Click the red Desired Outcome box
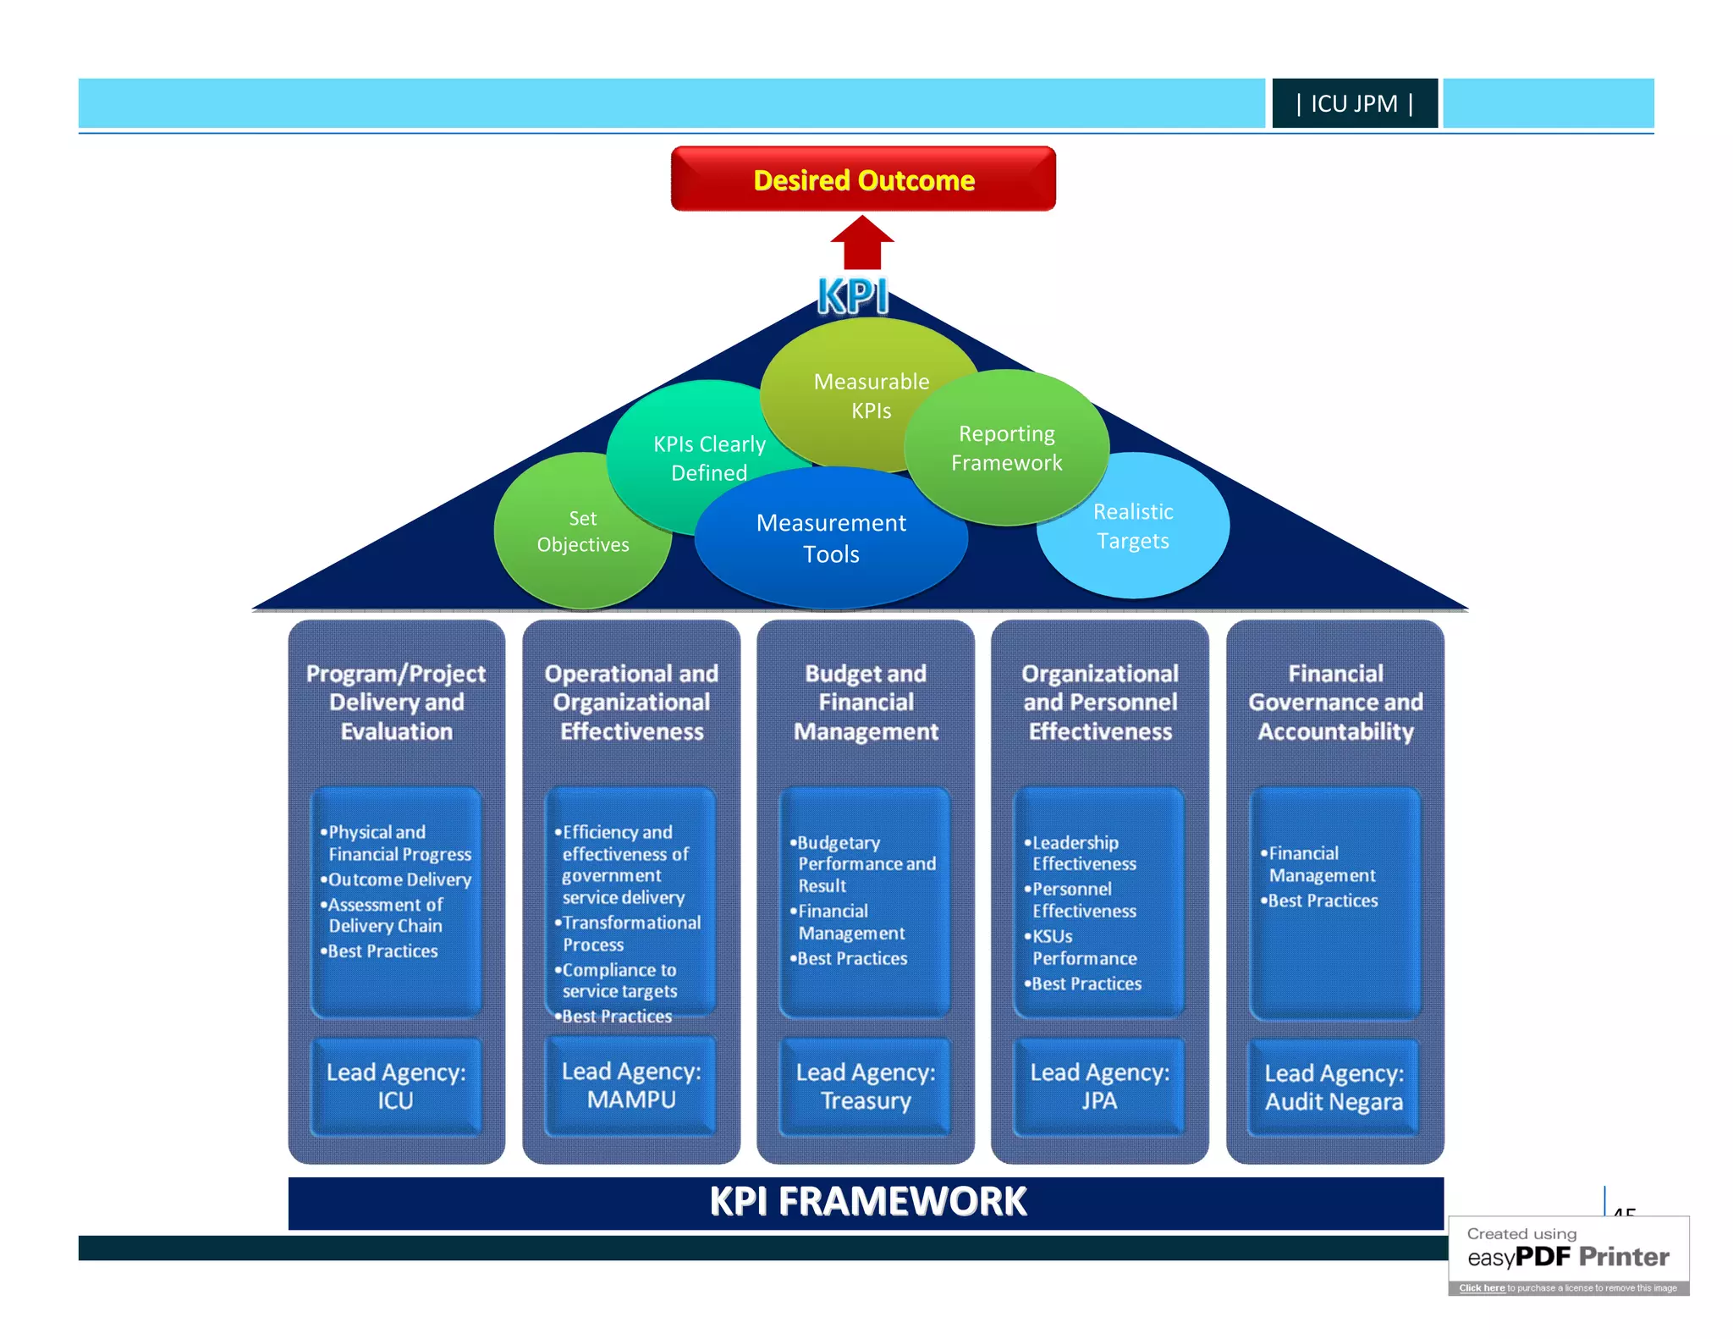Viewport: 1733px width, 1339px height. pos(863,179)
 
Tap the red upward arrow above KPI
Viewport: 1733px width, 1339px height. pos(862,244)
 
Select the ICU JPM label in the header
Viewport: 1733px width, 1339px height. pos(1354,103)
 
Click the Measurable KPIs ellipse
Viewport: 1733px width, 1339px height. pos(871,395)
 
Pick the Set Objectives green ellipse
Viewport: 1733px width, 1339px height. pos(582,532)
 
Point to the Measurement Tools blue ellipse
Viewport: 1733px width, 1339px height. pos(831,538)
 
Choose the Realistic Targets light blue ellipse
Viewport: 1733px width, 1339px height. pos(1134,526)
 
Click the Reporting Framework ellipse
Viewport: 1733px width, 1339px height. pos(1006,448)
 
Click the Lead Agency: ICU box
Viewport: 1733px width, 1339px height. pos(396,1086)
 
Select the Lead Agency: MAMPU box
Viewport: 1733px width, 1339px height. pos(631,1085)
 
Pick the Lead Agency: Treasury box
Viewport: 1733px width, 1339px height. pos(866,1086)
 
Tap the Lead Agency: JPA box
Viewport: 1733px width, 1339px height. pos(1099,1086)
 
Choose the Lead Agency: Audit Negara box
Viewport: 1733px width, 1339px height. pos(1334,1087)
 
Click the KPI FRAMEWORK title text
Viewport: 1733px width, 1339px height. pos(866,1202)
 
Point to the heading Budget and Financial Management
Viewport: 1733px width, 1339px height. pos(866,702)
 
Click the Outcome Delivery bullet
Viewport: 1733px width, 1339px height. pos(399,879)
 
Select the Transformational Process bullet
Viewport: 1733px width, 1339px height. pos(630,933)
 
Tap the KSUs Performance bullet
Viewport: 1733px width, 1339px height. pos(1083,947)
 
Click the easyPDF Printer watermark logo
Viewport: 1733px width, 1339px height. pos(1568,1256)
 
